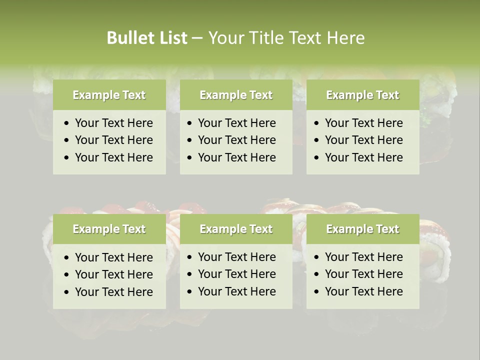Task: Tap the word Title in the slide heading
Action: (x=266, y=38)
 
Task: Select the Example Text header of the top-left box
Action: (x=109, y=95)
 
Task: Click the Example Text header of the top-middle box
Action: (x=236, y=95)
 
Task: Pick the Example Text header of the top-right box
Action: (x=362, y=95)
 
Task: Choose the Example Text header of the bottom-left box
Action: (x=109, y=229)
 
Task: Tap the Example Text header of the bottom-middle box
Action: (x=236, y=229)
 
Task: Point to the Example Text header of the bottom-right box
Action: (x=362, y=229)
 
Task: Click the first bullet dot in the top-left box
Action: (x=67, y=123)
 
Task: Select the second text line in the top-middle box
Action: (x=236, y=140)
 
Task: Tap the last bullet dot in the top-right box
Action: (x=317, y=158)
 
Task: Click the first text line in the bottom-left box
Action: (x=113, y=257)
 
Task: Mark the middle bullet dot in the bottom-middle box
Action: (x=190, y=274)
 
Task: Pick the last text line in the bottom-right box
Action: (x=363, y=291)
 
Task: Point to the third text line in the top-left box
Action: (x=113, y=157)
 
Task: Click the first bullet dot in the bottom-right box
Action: (x=317, y=257)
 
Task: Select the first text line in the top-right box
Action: (x=363, y=123)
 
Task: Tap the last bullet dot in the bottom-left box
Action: (x=67, y=292)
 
